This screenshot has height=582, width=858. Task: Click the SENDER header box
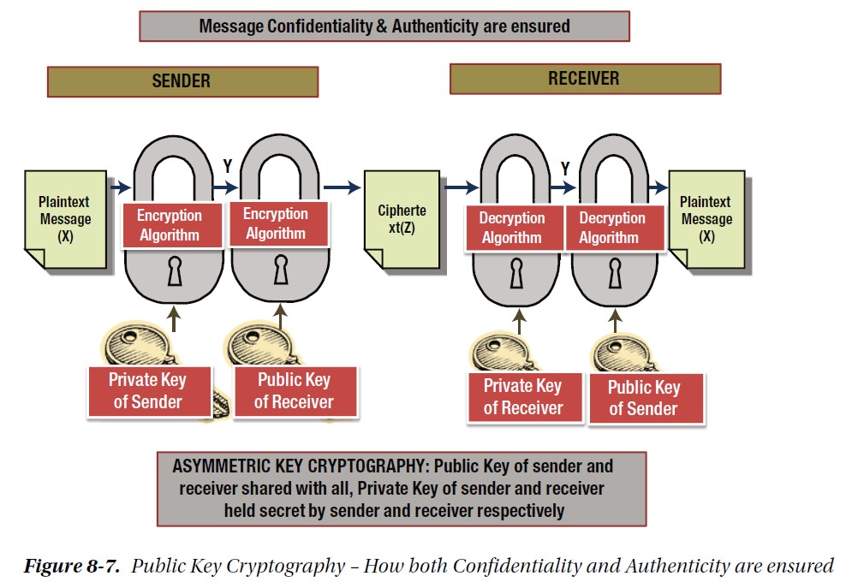click(x=182, y=81)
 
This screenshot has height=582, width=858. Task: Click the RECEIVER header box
click(x=584, y=79)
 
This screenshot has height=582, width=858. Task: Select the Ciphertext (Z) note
click(x=401, y=220)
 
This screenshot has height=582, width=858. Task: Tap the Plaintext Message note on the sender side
click(x=64, y=220)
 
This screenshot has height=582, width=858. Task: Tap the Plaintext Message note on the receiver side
click(x=706, y=220)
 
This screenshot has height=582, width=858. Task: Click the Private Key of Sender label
click(x=147, y=390)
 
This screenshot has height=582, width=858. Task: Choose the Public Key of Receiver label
click(x=294, y=390)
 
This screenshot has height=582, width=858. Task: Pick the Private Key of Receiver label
click(x=522, y=396)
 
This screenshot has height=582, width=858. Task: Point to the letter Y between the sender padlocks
click(x=228, y=165)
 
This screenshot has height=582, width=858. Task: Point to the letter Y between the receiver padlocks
click(x=565, y=167)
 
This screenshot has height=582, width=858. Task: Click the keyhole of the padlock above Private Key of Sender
click(x=176, y=272)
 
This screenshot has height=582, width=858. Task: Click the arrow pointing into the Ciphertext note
click(x=343, y=187)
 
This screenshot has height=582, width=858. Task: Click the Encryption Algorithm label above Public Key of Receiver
click(x=275, y=223)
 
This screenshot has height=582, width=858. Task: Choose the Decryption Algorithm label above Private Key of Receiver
click(x=511, y=228)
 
